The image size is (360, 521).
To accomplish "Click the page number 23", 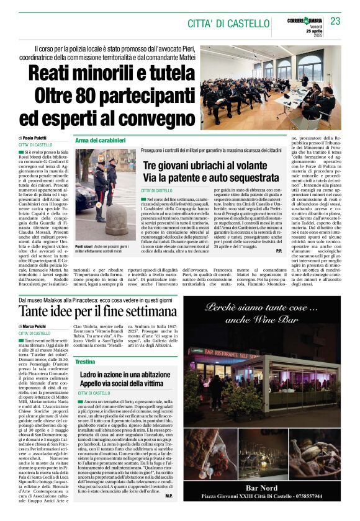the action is [x=336, y=21].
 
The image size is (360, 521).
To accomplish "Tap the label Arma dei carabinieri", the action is [x=100, y=140].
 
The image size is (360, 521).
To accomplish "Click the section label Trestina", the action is [x=85, y=361].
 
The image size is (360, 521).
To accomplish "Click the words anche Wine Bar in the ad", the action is [x=271, y=321].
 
